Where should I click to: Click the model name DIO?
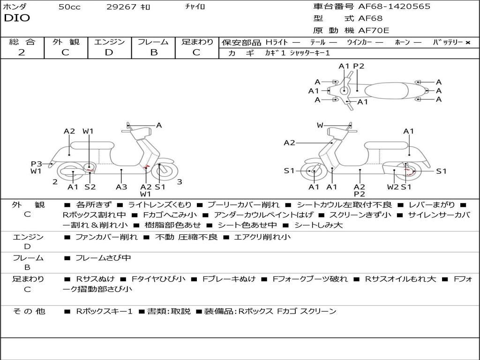point(17,18)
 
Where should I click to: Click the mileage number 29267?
point(121,7)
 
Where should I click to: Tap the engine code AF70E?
point(374,31)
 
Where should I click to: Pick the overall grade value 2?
point(22,52)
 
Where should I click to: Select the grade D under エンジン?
point(109,52)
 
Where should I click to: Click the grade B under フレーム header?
point(153,52)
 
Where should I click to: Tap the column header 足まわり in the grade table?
point(197,42)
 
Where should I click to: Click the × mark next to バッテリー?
point(467,43)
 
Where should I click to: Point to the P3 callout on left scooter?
point(37,164)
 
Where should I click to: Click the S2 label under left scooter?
point(90,187)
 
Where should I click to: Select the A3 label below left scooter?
point(121,187)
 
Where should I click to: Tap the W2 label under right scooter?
point(393,187)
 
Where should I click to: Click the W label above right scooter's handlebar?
point(320,125)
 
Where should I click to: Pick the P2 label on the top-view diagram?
point(359,66)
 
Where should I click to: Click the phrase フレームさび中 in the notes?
point(103,258)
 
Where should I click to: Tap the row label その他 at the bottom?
point(29,311)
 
